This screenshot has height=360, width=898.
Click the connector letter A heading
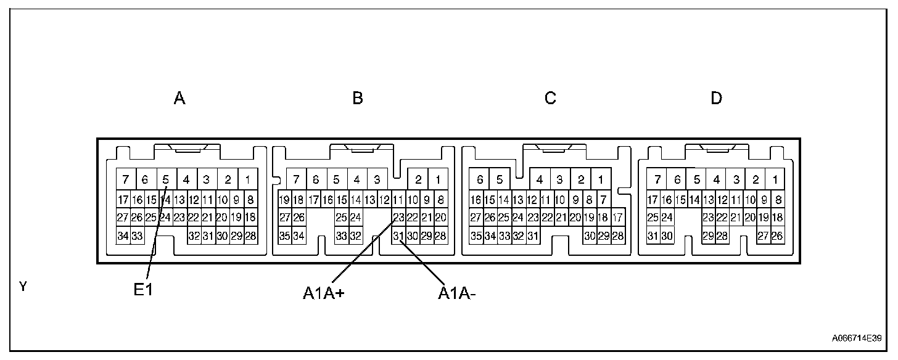click(x=179, y=99)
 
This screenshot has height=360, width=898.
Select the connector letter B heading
click(x=358, y=99)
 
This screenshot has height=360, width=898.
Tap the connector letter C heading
click(x=550, y=99)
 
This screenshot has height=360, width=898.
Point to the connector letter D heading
click(x=716, y=99)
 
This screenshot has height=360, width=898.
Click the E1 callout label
click(x=143, y=290)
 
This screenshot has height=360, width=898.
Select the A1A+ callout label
click(x=323, y=293)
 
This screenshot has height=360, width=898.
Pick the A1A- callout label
click(x=457, y=293)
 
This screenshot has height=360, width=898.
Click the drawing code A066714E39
click(x=856, y=338)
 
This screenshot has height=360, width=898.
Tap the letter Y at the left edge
click(x=23, y=287)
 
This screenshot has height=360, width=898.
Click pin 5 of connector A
click(x=166, y=180)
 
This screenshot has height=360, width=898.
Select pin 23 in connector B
click(x=398, y=218)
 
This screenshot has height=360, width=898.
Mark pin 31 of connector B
click(x=398, y=235)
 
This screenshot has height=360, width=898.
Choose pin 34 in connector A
click(x=123, y=235)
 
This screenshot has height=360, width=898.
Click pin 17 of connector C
click(x=617, y=218)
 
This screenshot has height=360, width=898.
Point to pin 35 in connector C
click(x=476, y=235)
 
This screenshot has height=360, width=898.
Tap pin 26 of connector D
click(x=777, y=235)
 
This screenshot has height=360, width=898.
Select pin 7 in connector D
click(x=658, y=180)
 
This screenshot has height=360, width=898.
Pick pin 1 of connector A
click(x=247, y=180)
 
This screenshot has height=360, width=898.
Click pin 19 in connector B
click(x=284, y=200)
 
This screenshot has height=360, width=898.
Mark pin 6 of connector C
click(x=480, y=180)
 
